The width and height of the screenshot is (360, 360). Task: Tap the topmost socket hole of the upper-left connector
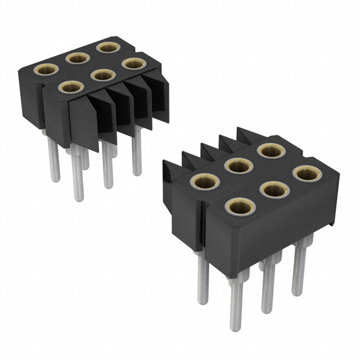click(105, 47)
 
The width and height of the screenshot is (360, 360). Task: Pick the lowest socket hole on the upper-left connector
click(70, 87)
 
